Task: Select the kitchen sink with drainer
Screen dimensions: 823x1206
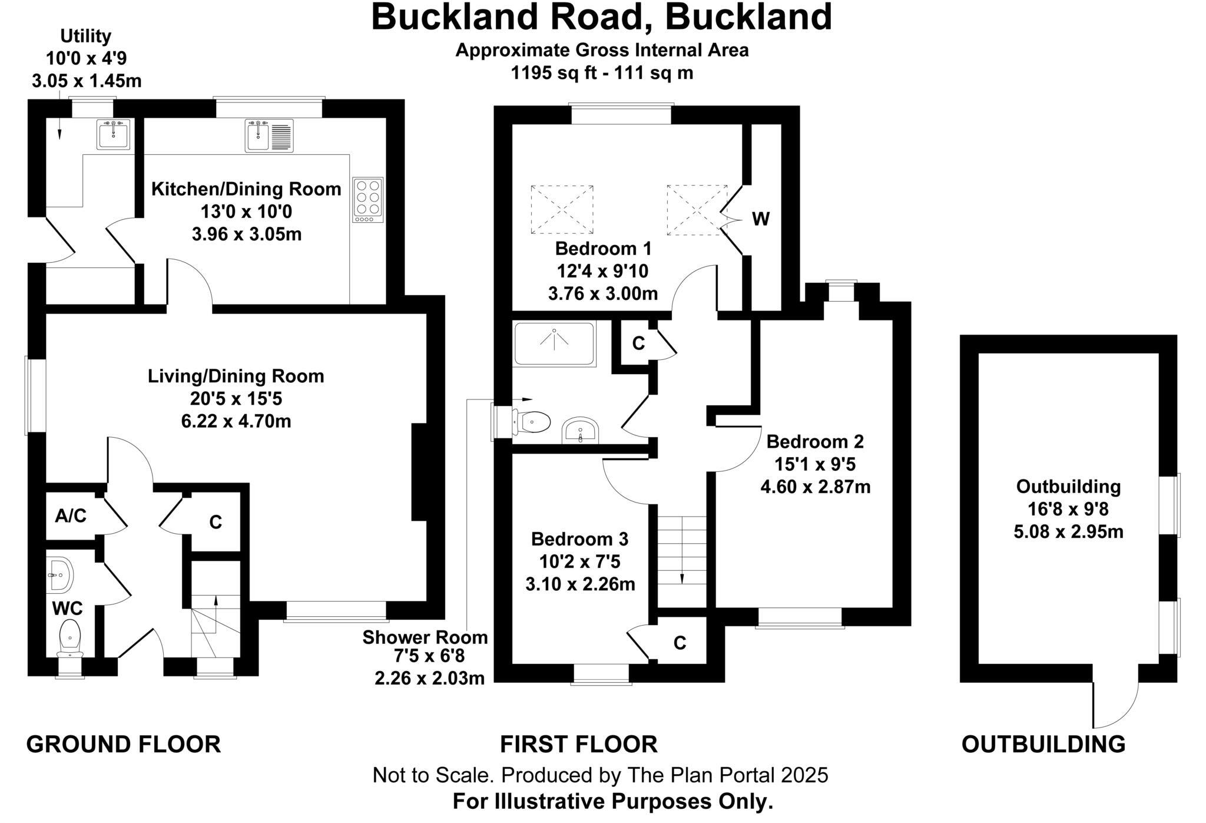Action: tap(269, 135)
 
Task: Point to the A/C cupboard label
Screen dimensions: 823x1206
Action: tap(71, 516)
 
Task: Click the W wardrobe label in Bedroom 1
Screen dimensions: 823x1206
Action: tap(761, 220)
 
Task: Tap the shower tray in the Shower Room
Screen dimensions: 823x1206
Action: tap(554, 343)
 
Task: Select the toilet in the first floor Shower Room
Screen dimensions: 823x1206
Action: tap(530, 422)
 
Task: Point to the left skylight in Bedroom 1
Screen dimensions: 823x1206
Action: tap(562, 210)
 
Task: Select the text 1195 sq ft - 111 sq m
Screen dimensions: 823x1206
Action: tap(601, 73)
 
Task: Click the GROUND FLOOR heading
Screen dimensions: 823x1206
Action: tap(123, 745)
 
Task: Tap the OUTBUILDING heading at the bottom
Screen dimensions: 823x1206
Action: tap(1043, 745)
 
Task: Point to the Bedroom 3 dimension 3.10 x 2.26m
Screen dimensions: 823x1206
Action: tap(580, 584)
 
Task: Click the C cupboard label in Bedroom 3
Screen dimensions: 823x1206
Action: tap(680, 643)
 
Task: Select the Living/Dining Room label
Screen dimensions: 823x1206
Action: tap(236, 376)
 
